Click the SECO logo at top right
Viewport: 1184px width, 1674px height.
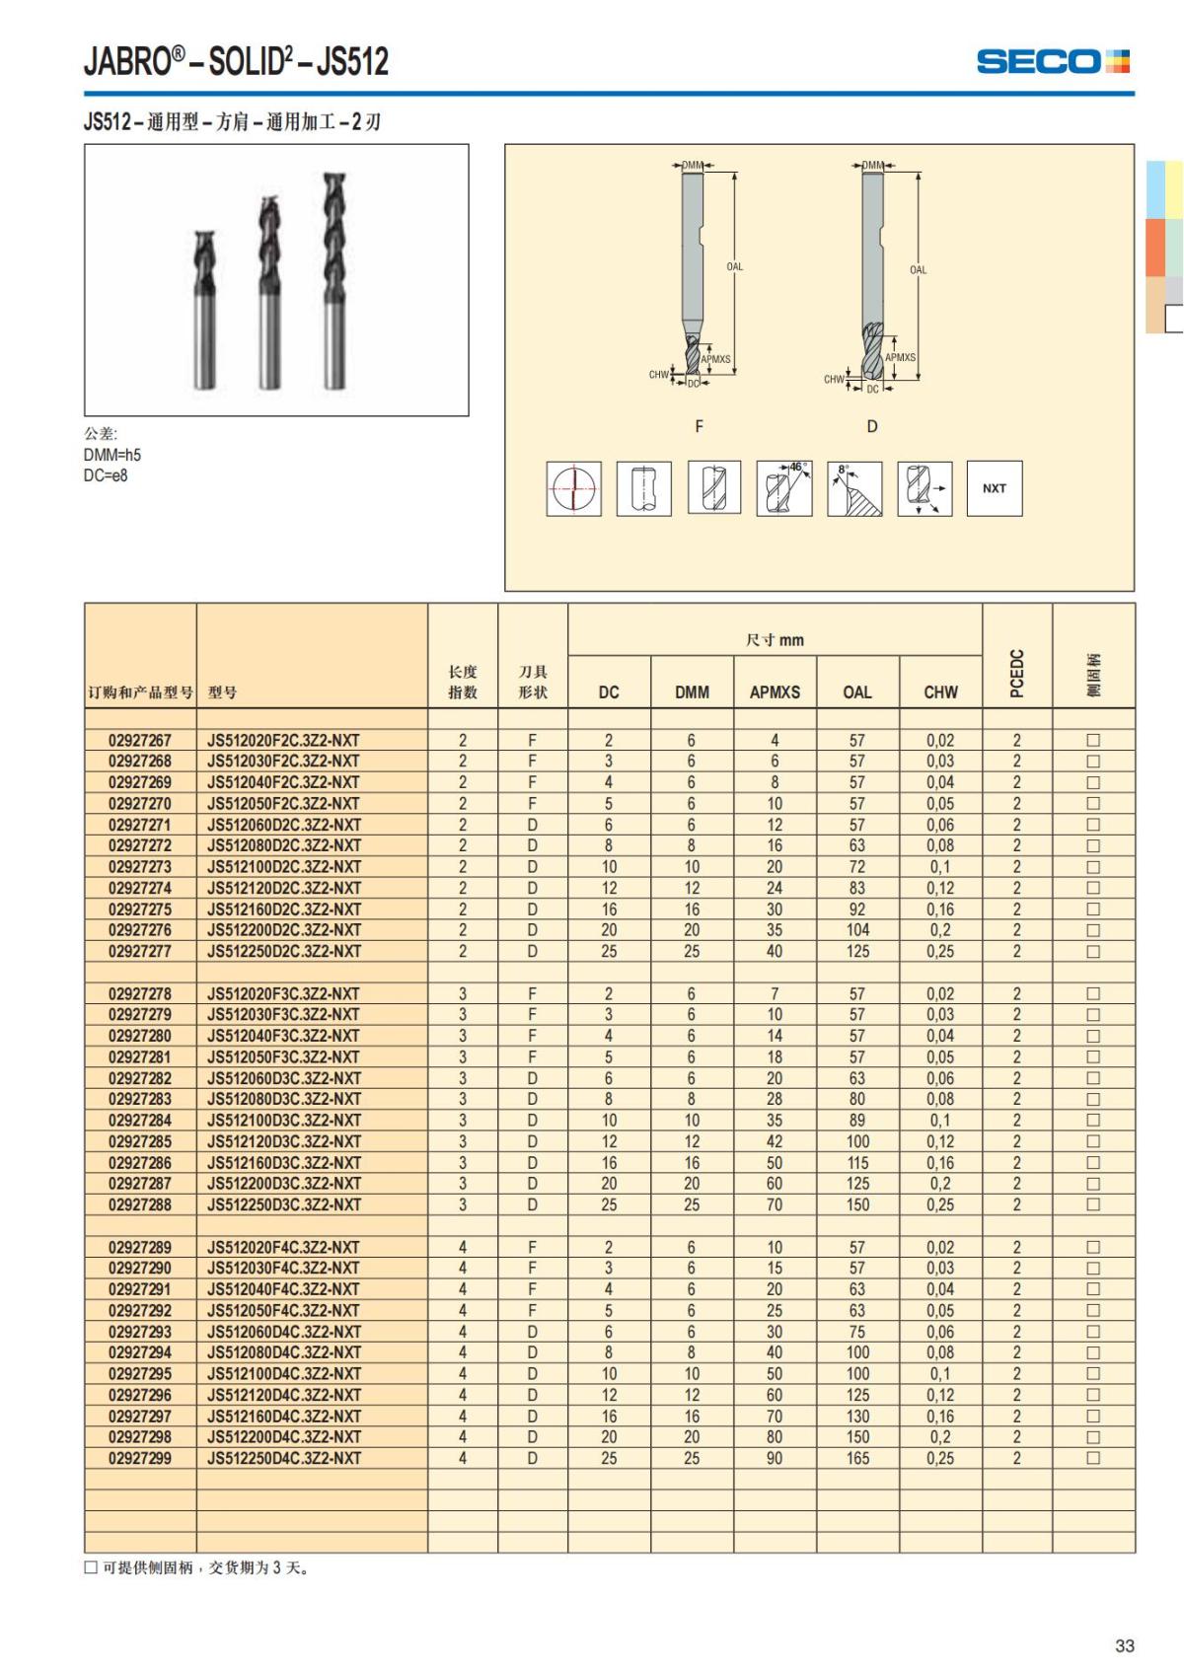(1052, 61)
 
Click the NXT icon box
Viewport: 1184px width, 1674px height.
(994, 488)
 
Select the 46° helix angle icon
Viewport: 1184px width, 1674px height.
(783, 488)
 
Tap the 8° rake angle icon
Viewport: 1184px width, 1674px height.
(853, 488)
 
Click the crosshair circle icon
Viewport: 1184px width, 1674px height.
(573, 488)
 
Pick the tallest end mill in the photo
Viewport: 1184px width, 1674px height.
(335, 281)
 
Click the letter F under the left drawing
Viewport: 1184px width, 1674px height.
(699, 426)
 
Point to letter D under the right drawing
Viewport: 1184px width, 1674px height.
(871, 426)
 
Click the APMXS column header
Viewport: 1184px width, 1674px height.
(775, 692)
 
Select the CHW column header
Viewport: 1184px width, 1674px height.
(940, 692)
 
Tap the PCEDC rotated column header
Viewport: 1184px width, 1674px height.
(1017, 673)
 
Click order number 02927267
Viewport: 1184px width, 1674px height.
(140, 740)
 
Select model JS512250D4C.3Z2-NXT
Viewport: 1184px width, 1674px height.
(284, 1458)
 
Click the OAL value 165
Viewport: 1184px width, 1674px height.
(857, 1458)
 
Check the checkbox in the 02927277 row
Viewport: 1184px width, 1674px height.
(1092, 952)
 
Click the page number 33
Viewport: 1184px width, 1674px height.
(1124, 1645)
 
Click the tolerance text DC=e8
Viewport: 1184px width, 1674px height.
(106, 475)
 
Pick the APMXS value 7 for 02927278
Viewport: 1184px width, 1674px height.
(774, 994)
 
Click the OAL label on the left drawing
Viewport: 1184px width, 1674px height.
(734, 266)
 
